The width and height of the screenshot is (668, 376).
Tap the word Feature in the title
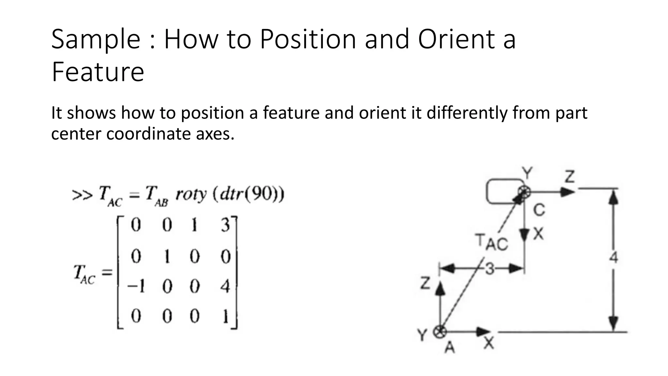point(98,72)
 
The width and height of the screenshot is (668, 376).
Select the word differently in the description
point(467,113)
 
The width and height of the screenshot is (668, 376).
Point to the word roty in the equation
point(191,195)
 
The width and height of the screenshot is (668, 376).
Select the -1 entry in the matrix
point(136,287)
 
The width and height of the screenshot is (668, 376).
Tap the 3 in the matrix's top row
point(225,225)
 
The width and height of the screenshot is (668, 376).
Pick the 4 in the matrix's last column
point(225,287)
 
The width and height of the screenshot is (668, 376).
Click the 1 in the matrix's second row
point(167,257)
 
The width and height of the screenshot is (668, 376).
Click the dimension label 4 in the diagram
point(614,258)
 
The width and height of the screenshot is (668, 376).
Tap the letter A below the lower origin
point(450,348)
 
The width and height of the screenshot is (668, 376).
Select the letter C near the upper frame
point(539,210)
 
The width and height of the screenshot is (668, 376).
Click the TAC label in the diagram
point(492,243)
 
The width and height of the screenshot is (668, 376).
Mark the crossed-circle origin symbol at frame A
point(440,332)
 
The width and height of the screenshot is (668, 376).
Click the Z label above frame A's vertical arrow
point(425,283)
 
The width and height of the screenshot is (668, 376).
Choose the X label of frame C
point(539,234)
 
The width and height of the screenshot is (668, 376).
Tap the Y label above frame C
point(527,173)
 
